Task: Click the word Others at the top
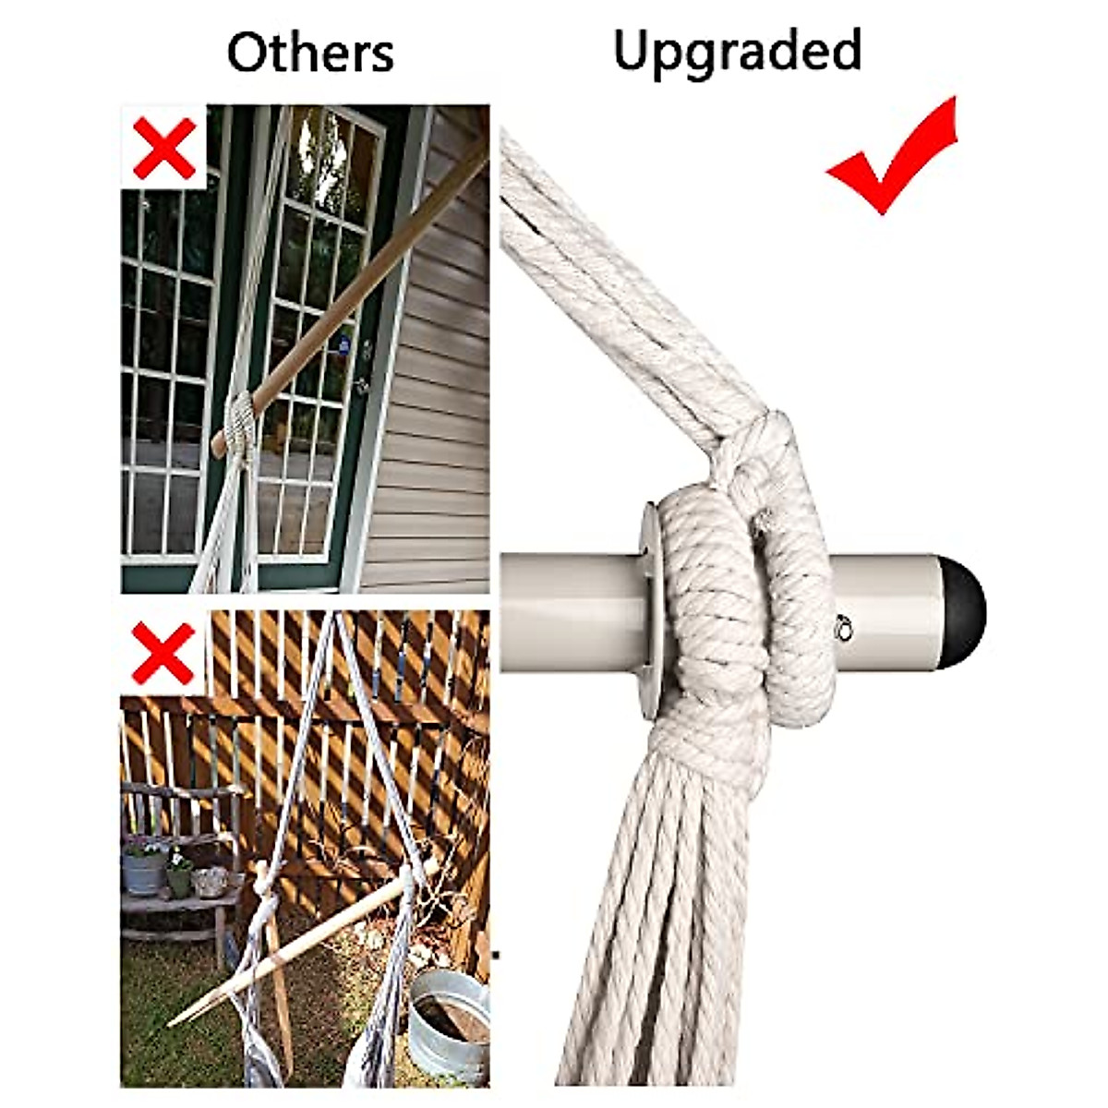pyautogui.click(x=310, y=53)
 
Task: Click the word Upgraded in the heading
pyautogui.click(x=737, y=51)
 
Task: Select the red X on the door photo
pyautogui.click(x=163, y=148)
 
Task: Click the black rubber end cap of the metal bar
pyautogui.click(x=964, y=607)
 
